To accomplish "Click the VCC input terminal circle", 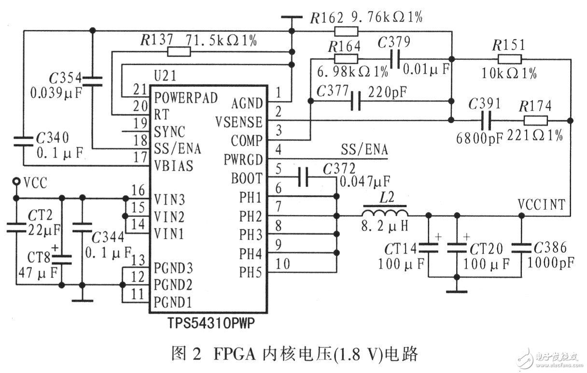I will click(16, 181).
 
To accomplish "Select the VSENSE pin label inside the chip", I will click(240, 121).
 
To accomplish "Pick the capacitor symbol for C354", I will click(92, 80).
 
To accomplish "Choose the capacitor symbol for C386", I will click(522, 248).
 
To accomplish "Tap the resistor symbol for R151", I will click(510, 59).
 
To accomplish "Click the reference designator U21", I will click(165, 76).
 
